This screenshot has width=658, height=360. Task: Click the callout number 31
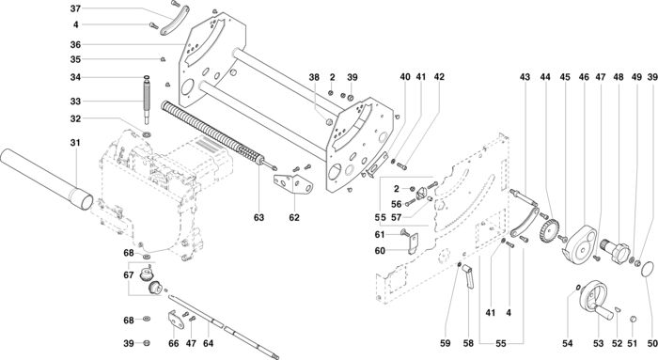(x=75, y=143)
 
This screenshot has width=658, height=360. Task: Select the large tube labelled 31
(x=46, y=179)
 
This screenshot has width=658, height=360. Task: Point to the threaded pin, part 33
(x=147, y=100)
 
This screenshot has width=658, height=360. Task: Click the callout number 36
(x=75, y=44)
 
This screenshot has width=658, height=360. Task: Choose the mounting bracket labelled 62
(x=293, y=184)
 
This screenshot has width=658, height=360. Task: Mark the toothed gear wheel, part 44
(x=549, y=230)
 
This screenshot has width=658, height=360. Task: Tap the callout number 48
(x=619, y=77)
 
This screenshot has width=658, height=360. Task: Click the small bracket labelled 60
(x=414, y=243)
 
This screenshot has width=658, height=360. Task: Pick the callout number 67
(x=129, y=275)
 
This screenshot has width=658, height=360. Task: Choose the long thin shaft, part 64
(x=224, y=327)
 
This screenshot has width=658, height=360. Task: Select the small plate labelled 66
(x=177, y=321)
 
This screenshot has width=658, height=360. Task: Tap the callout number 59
(x=446, y=343)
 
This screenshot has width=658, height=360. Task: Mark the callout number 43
(x=525, y=77)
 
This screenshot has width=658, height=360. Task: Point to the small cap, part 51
(x=634, y=320)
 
